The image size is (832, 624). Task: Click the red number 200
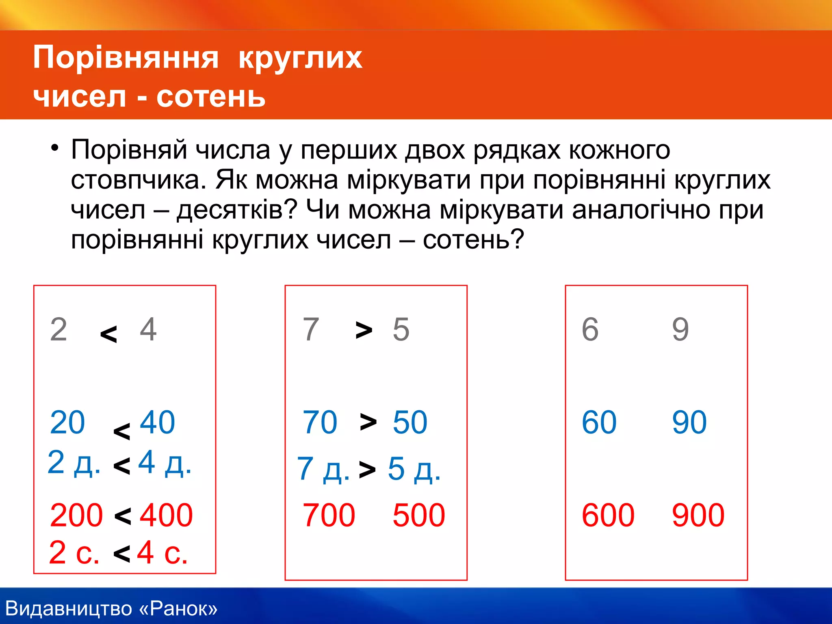point(76,515)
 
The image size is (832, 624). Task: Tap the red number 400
point(166,515)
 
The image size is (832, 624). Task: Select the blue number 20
point(67,422)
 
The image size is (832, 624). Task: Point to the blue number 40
point(157,422)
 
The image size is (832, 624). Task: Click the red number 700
point(329,515)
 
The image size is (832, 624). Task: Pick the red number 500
point(419,515)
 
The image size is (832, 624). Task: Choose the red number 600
point(608,515)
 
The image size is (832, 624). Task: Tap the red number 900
point(698,515)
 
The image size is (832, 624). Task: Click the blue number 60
point(599,422)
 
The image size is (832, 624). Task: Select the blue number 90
point(689,422)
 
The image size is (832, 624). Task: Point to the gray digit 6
point(590,329)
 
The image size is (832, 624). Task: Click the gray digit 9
point(680,329)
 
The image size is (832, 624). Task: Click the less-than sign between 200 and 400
point(123,516)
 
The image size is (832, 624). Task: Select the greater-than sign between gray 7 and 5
point(364,330)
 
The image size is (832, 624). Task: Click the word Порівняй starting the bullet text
point(129,149)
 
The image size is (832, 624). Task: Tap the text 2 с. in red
point(74,552)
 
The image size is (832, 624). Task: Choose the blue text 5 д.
point(414,469)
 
